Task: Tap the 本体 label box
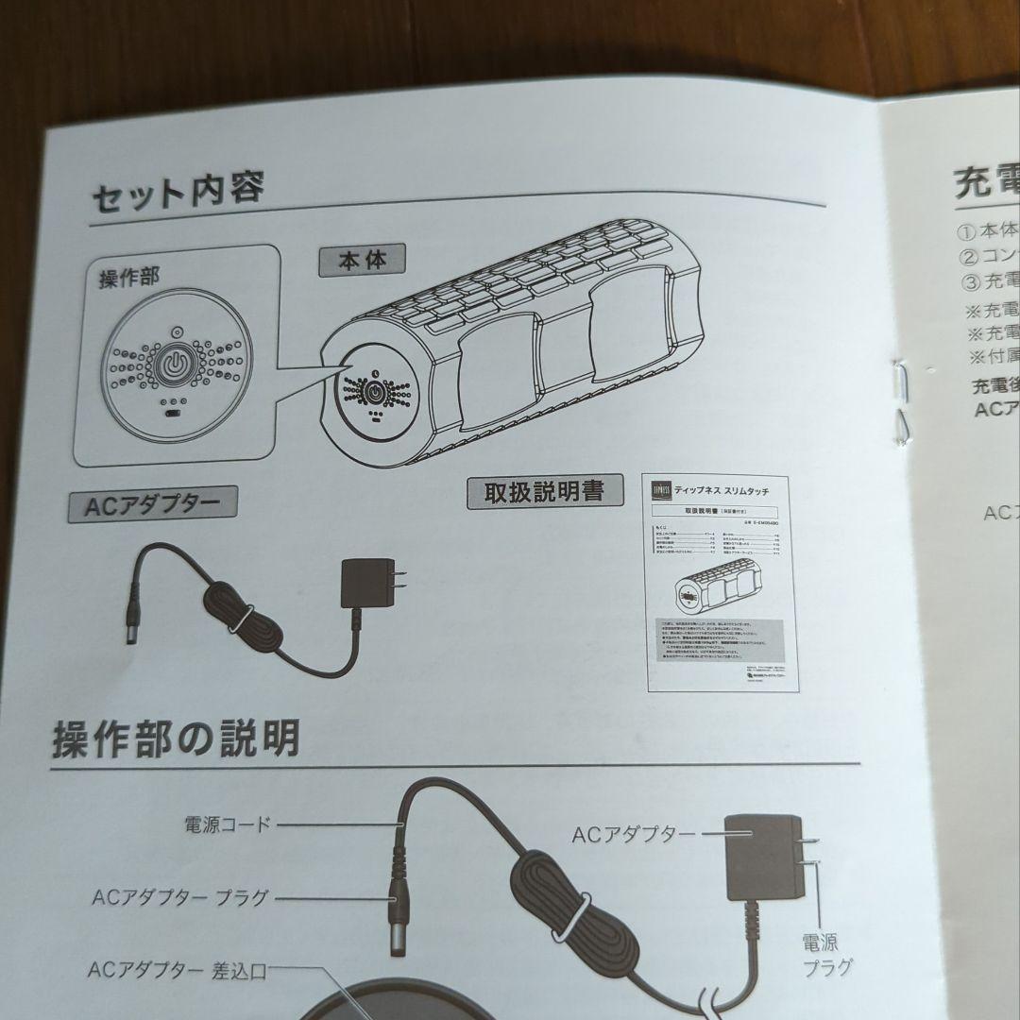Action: coord(362,260)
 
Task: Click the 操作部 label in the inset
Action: coord(129,279)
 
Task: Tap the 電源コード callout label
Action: coord(227,824)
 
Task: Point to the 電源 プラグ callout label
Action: coord(826,953)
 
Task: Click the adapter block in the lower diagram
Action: coord(761,858)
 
